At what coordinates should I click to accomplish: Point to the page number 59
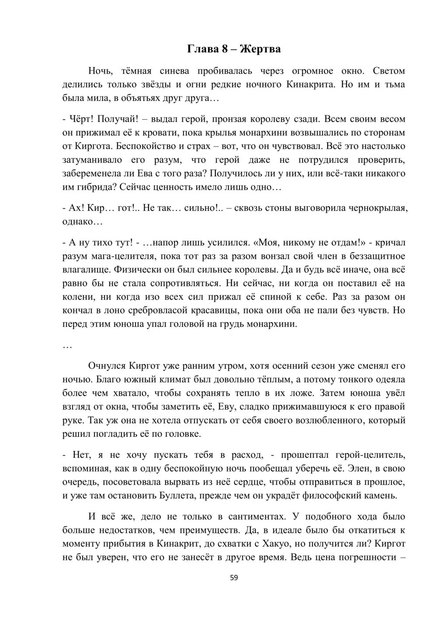[234, 578]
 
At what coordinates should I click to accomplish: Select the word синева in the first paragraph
[174, 71]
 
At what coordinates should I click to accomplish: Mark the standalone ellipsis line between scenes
[67, 346]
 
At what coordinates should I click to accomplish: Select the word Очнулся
[107, 365]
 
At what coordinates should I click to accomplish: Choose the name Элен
[359, 468]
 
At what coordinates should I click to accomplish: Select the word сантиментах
[256, 516]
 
